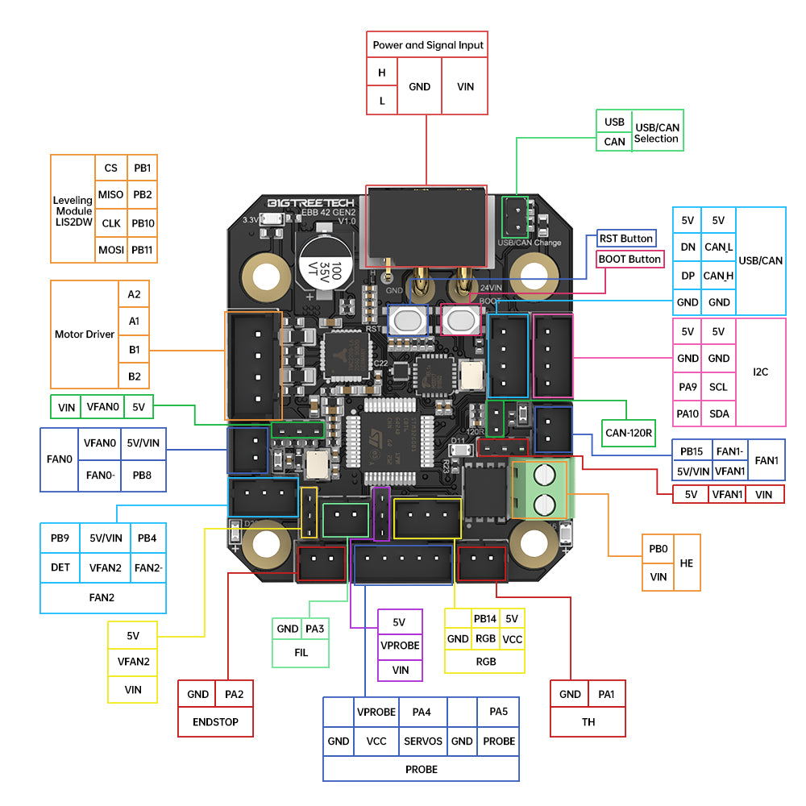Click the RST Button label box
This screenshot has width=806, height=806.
coord(626,239)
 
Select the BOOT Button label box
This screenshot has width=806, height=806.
coord(629,259)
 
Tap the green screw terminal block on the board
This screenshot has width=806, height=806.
coord(540,488)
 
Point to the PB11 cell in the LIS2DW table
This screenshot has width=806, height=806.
coord(143,250)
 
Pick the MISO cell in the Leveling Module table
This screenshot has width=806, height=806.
coord(110,195)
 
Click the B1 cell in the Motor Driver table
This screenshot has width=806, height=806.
coord(134,350)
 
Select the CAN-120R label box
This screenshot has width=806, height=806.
coord(630,432)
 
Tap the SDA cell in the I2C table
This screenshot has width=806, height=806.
coord(718,413)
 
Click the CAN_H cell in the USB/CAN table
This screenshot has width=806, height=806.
coord(718,276)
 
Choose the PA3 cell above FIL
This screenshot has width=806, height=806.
coord(315,629)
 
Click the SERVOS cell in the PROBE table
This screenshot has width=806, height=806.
coord(422,741)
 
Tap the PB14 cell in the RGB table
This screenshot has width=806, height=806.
coord(485,619)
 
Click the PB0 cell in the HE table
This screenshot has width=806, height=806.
coord(658,548)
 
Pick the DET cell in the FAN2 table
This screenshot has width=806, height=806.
coord(60,567)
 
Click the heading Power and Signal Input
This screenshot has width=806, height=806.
coord(428,45)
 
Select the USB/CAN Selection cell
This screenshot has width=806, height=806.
coord(657,133)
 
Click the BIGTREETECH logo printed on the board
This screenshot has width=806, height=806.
coord(297,202)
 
